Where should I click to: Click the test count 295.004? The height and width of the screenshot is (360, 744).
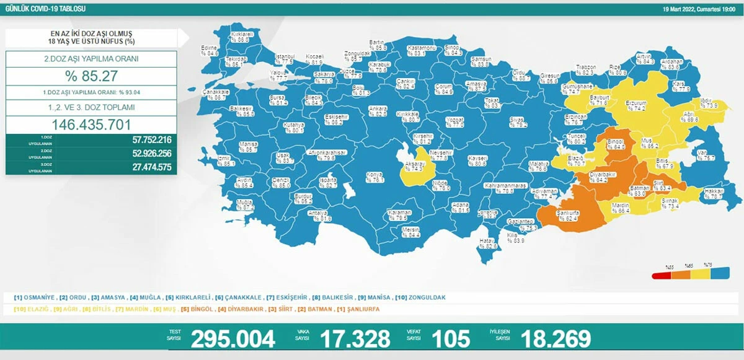click(x=232, y=339)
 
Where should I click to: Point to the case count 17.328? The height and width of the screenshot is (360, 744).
click(x=355, y=339)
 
